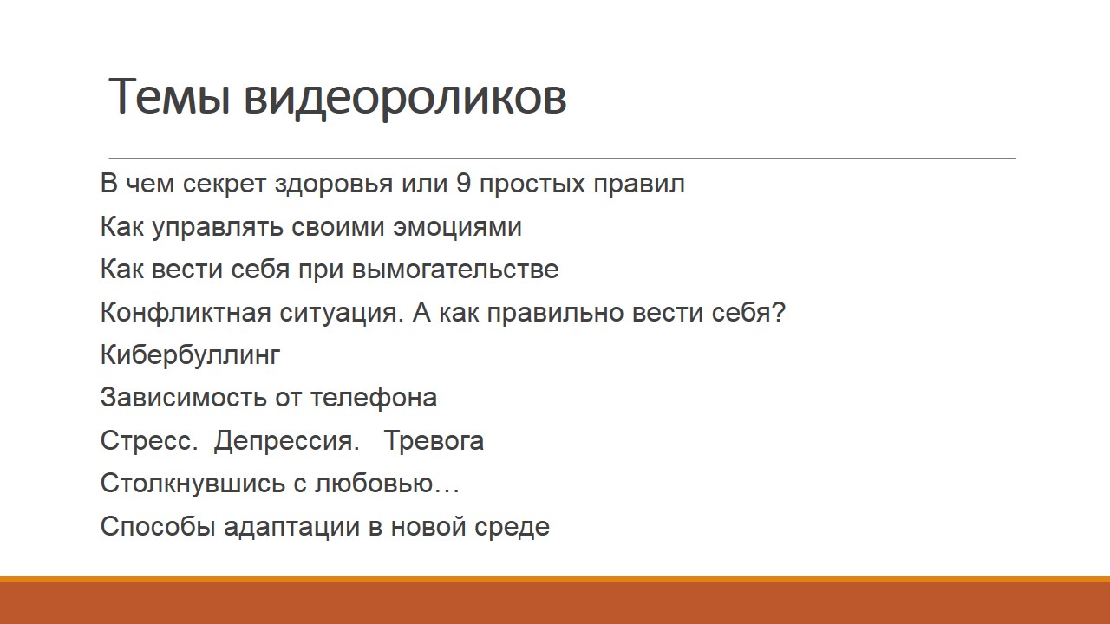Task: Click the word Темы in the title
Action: point(169,96)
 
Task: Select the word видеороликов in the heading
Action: point(405,98)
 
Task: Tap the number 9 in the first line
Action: point(463,183)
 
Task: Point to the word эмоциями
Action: point(457,227)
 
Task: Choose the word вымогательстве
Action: point(455,269)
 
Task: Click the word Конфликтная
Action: point(186,313)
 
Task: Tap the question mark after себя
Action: point(779,312)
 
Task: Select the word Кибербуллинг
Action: point(190,355)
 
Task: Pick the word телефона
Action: point(374,398)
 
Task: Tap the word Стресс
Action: point(148,441)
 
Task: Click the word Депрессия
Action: point(286,441)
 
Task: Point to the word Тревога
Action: point(434,441)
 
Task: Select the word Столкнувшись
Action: point(193,484)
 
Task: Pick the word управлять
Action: point(219,227)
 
